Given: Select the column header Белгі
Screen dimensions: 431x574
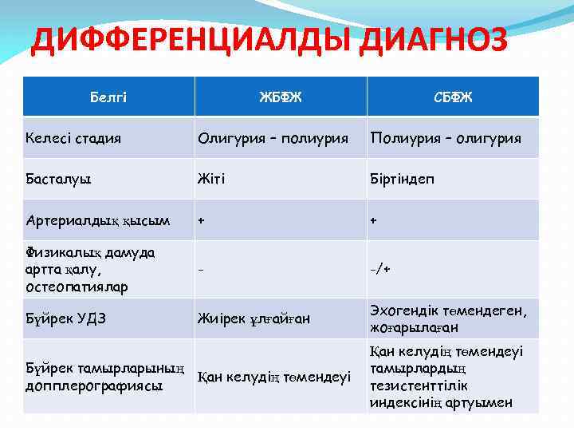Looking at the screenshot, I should (108, 97).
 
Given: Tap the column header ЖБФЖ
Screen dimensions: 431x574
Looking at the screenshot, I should (280, 97).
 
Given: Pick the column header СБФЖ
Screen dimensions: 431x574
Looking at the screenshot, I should (452, 97).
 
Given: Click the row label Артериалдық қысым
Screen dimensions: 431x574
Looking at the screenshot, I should (97, 219).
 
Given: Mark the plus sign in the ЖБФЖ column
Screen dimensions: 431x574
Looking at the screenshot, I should (202, 219).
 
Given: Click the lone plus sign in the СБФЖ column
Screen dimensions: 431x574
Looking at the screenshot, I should (372, 219).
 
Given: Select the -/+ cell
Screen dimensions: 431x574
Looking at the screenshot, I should (379, 269).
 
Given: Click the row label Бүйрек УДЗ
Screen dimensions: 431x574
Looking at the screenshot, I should (63, 319).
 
